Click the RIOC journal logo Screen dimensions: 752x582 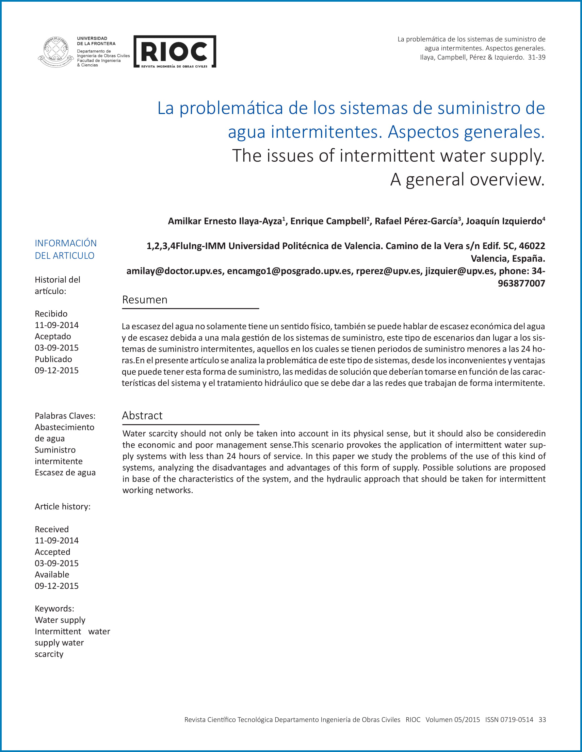coord(175,51)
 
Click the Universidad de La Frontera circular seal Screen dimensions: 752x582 coord(55,52)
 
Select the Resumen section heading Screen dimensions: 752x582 coord(145,299)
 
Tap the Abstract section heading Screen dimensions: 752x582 coord(142,415)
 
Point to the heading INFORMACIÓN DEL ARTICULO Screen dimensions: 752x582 coord(65,249)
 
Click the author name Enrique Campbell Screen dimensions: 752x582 coord(328,221)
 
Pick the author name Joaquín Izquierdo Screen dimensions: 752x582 coord(504,221)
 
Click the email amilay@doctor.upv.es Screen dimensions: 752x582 coord(174,271)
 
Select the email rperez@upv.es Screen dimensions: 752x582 coord(388,271)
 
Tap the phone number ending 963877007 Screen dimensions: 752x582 coord(521,283)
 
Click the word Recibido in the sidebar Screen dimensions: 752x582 coord(51,314)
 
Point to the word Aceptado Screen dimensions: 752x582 coord(53,337)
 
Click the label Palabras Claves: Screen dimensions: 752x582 coord(65,415)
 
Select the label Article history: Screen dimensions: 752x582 coord(62,507)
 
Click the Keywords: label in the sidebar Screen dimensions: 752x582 coord(54,608)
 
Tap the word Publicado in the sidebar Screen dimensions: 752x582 coord(53,359)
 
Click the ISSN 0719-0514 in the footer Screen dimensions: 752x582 coord(509,719)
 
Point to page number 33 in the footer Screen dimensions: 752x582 coord(542,719)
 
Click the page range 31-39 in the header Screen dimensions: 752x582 coord(536,57)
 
